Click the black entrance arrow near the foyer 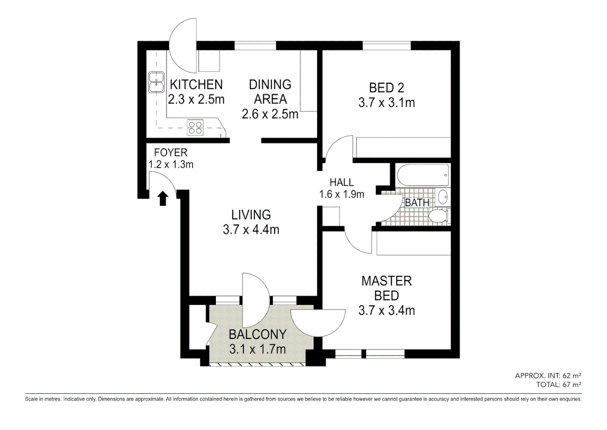tap(163, 198)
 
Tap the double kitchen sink tap(156, 82)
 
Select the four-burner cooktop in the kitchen tap(195, 127)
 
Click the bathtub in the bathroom tap(423, 175)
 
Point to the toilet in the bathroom tap(438, 216)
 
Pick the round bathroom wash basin tap(443, 197)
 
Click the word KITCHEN tap(196, 84)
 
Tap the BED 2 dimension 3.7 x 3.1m tap(386, 103)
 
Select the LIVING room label tap(251, 215)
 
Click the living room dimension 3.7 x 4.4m tap(251, 230)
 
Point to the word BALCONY tap(258, 334)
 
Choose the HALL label tap(341, 182)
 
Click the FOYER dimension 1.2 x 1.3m tap(171, 164)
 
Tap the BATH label tap(417, 203)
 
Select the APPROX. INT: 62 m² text tap(548, 375)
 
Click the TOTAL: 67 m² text tap(559, 385)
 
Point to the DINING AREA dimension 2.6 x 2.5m tap(270, 114)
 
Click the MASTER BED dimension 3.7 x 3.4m tap(386, 311)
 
